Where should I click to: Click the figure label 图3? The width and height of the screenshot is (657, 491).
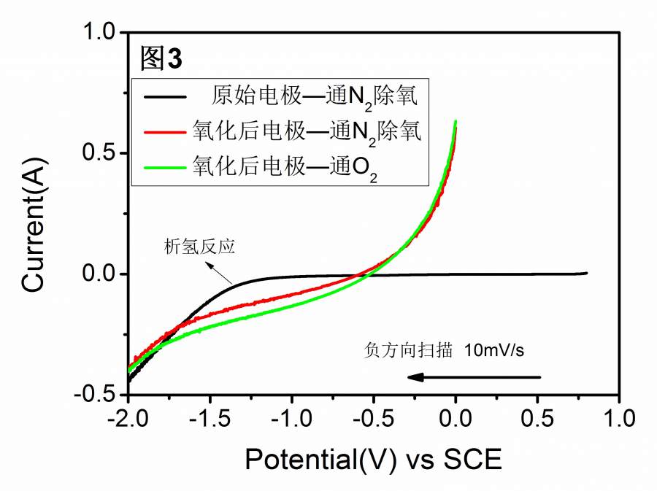pos(161,59)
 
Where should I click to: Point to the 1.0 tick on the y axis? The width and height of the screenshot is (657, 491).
pos(102,33)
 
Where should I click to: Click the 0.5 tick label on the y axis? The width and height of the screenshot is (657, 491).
pos(102,153)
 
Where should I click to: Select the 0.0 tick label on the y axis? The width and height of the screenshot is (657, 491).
pos(102,274)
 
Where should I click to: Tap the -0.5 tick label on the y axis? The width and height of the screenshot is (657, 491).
pos(98,395)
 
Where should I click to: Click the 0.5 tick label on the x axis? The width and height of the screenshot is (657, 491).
pos(537,422)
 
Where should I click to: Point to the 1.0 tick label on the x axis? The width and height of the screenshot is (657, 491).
pos(619,422)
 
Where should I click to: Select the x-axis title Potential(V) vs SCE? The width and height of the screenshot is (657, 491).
pos(373,460)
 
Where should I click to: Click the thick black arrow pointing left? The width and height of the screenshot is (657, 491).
pos(474,376)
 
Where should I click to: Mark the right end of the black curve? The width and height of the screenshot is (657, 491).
pos(586,273)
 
